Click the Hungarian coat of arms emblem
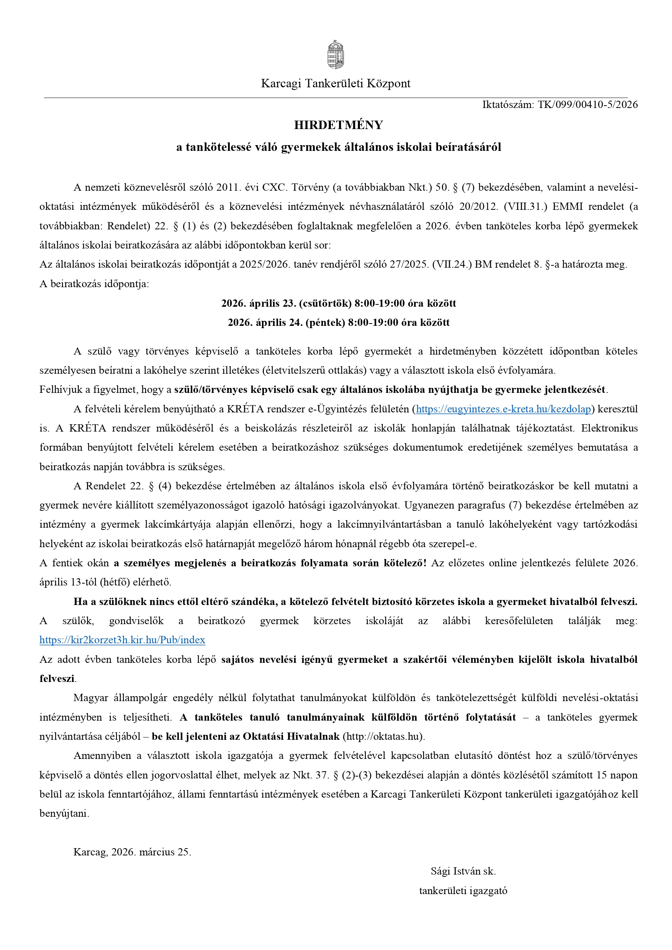tap(335, 54)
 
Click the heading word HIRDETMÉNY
tap(338, 125)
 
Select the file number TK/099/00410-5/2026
tap(588, 105)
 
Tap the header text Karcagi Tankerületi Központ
tap(335, 83)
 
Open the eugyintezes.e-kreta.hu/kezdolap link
tap(503, 409)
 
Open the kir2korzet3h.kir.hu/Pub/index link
tap(123, 640)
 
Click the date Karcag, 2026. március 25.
tap(132, 852)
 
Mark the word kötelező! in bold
tap(405, 563)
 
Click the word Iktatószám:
tap(508, 105)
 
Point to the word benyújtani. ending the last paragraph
tap(64, 813)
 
